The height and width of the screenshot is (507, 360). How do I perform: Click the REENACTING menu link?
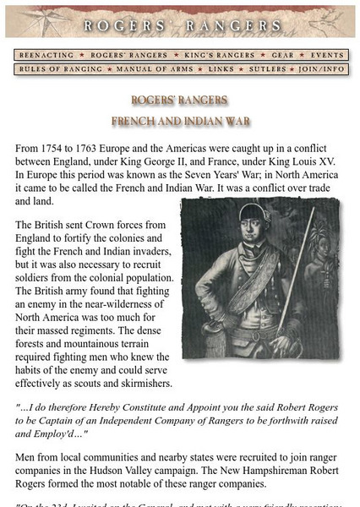point(47,54)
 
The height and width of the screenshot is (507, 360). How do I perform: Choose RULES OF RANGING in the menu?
point(54,68)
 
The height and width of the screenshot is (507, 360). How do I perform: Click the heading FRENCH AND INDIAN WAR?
point(180,121)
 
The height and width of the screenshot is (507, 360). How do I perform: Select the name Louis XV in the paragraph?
point(308,161)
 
